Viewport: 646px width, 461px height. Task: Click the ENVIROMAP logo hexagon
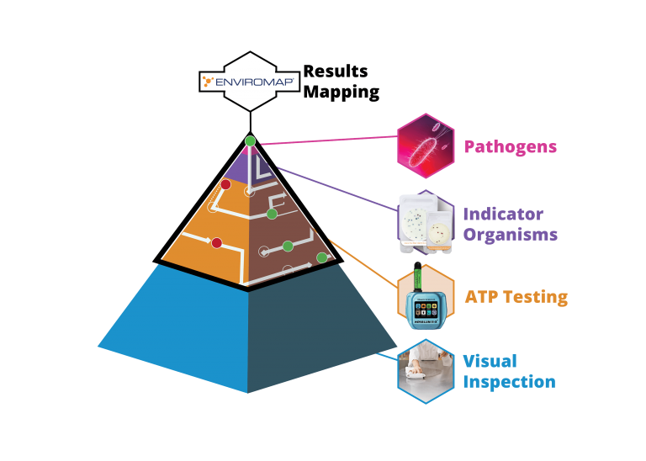click(250, 82)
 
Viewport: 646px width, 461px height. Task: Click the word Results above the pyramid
click(334, 72)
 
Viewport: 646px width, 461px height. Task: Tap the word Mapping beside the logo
click(341, 91)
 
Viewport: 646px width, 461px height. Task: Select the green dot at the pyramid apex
click(250, 140)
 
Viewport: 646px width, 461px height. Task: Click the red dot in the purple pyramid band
click(225, 184)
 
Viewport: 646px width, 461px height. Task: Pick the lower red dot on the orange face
click(216, 243)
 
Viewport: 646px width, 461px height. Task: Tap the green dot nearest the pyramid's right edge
click(321, 257)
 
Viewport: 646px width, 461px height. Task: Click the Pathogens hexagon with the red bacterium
click(426, 145)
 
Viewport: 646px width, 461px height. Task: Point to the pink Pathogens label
click(511, 150)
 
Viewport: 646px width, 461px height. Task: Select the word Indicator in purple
click(503, 216)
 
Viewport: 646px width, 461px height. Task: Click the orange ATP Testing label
click(515, 297)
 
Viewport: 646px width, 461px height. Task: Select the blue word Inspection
click(509, 381)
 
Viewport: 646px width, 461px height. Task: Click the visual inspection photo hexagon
click(426, 370)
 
